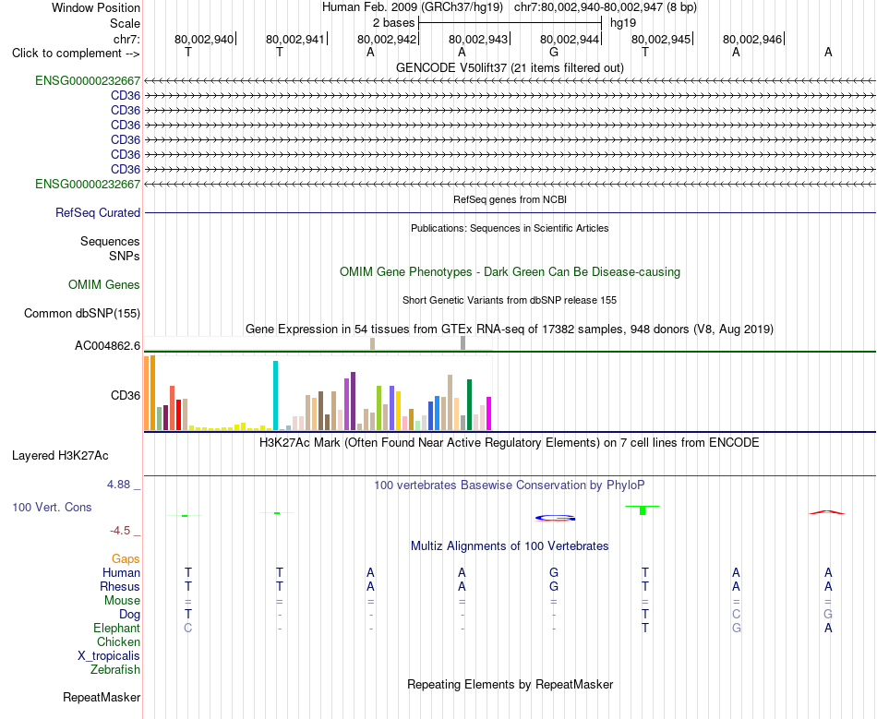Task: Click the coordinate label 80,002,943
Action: [478, 39]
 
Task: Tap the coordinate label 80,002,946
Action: [752, 39]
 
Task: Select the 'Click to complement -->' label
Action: [76, 54]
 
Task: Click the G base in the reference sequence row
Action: [554, 52]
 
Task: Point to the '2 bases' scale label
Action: [394, 23]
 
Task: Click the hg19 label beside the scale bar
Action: [623, 23]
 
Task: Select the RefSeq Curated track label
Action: [98, 212]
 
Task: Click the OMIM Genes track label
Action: [104, 284]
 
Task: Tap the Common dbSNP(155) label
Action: [82, 313]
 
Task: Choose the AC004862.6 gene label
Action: [107, 345]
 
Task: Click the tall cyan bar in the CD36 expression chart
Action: [275, 395]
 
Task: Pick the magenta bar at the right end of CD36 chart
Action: [489, 413]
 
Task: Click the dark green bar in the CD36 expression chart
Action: [470, 405]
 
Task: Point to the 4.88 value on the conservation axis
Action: [118, 485]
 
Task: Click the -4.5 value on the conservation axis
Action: [120, 530]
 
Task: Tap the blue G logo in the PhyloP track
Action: [555, 518]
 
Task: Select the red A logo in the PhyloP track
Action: [827, 512]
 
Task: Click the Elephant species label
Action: [116, 628]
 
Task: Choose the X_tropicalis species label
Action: [109, 655]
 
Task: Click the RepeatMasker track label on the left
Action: [102, 697]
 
